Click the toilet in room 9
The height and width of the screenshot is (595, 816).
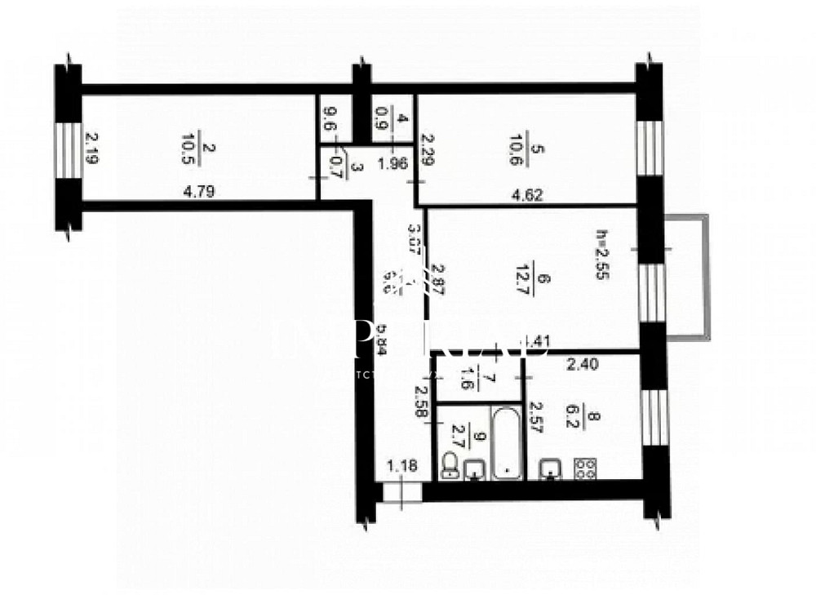(450, 465)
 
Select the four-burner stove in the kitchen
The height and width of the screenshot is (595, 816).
(584, 468)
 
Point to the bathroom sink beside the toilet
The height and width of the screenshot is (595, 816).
(474, 469)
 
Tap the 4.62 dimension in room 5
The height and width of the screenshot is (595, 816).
(526, 195)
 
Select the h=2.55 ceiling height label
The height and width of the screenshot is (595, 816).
(603, 253)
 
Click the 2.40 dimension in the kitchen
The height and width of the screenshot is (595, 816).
(583, 366)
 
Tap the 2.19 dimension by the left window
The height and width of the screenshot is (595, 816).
(91, 149)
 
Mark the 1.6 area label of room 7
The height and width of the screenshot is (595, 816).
(468, 379)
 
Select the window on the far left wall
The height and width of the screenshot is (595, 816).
(69, 149)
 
